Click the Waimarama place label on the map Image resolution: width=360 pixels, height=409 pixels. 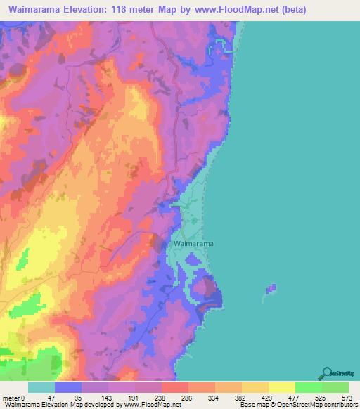pyautogui.click(x=193, y=243)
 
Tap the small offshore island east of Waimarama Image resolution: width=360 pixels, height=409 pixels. pyautogui.click(x=271, y=289)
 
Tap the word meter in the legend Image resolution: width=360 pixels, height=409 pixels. pyautogui.click(x=12, y=397)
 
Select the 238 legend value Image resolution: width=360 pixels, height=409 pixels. pyautogui.click(x=161, y=397)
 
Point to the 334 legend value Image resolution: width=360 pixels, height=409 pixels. pyautogui.click(x=214, y=397)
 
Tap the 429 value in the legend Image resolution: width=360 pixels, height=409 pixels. pyautogui.click(x=268, y=397)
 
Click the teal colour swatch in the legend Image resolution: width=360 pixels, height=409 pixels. pyautogui.click(x=41, y=387)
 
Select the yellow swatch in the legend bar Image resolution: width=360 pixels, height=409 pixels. pyautogui.click(x=281, y=387)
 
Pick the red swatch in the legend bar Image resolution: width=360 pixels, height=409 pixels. pyautogui.click(x=174, y=387)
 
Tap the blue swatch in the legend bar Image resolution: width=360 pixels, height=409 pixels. pyautogui.click(x=68, y=387)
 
